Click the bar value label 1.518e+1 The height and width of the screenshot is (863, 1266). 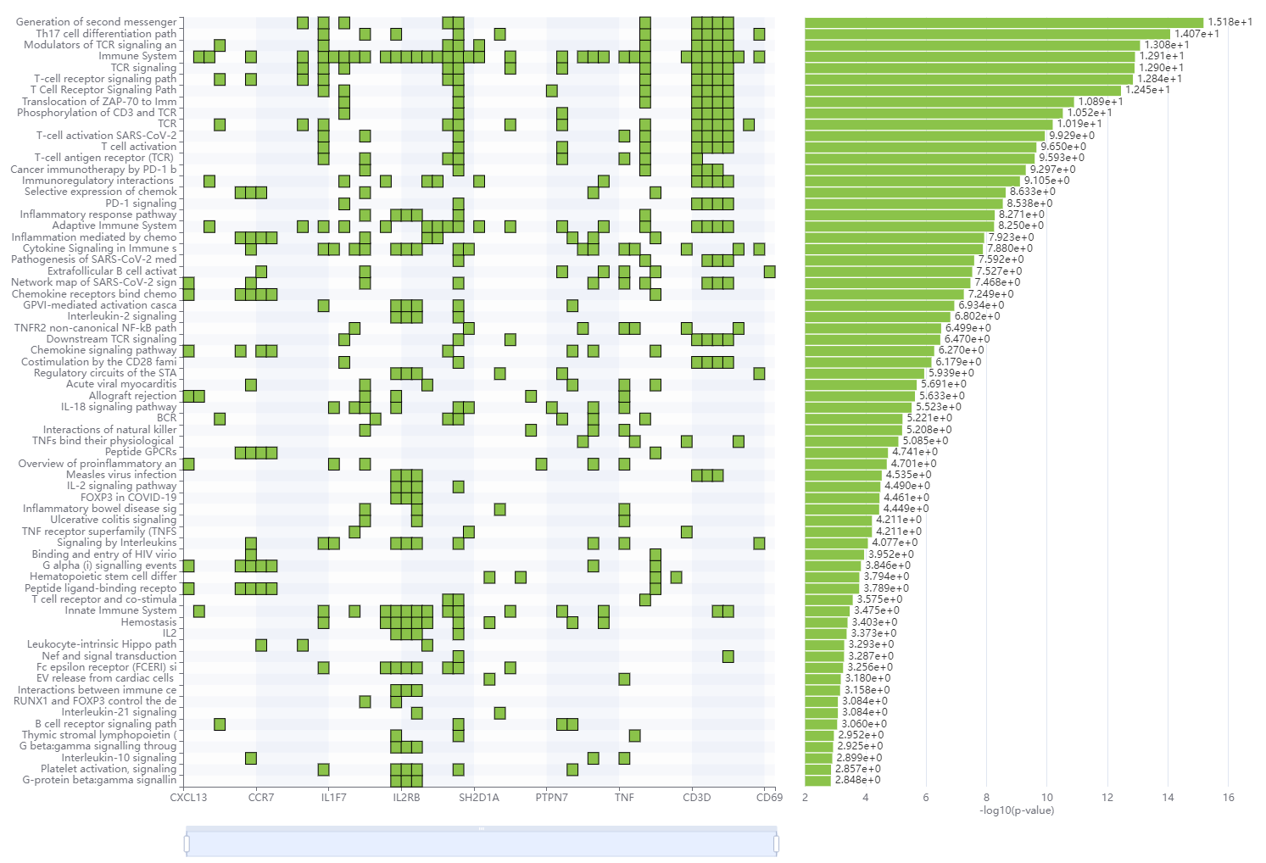click(1230, 22)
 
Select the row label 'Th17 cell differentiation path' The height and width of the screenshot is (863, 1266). click(106, 34)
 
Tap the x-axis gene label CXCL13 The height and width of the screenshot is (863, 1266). click(188, 797)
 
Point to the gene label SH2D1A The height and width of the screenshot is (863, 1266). click(479, 797)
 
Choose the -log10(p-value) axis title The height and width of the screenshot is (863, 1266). click(1017, 810)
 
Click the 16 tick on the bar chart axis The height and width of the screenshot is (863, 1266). click(1229, 797)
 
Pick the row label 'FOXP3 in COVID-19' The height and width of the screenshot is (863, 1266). click(129, 498)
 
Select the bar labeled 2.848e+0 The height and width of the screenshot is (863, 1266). click(817, 780)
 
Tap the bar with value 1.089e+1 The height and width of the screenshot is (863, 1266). click(939, 102)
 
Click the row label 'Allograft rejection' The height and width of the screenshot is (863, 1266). click(133, 396)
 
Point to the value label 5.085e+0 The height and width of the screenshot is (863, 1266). click(925, 441)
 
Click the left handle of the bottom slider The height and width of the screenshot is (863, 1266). click(187, 844)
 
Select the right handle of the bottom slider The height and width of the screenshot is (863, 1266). click(776, 844)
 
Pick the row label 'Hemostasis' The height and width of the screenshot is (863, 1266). click(149, 622)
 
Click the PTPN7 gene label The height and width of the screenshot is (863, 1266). click(551, 797)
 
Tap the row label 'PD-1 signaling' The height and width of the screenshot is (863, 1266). click(141, 203)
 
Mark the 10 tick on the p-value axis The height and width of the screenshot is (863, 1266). click(1047, 797)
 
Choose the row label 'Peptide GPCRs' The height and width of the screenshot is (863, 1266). click(141, 452)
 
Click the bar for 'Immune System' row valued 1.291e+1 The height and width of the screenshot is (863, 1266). click(969, 57)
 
